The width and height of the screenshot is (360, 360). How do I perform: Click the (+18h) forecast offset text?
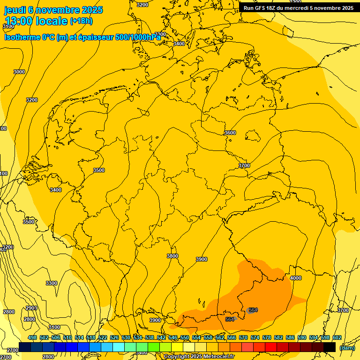81,21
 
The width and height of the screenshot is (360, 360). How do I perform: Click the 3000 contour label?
19,72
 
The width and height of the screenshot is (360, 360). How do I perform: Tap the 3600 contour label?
230,133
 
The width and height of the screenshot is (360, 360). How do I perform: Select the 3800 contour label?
172,256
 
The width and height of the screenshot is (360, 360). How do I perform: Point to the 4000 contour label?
296,278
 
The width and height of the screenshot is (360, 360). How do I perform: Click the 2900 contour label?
31,308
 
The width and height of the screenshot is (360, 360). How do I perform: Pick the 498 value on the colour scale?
32,337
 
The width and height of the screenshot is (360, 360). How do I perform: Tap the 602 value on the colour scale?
337,337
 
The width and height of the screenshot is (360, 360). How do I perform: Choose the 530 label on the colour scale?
126,337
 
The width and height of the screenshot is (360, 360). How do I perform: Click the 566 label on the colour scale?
232,337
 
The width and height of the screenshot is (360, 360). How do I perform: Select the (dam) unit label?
347,348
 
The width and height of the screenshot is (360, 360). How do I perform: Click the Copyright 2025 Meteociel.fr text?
199,357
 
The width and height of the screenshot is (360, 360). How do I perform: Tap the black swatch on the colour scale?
330,347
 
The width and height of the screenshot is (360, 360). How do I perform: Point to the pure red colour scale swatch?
271,347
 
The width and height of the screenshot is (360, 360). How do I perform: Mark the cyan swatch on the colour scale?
119,347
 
